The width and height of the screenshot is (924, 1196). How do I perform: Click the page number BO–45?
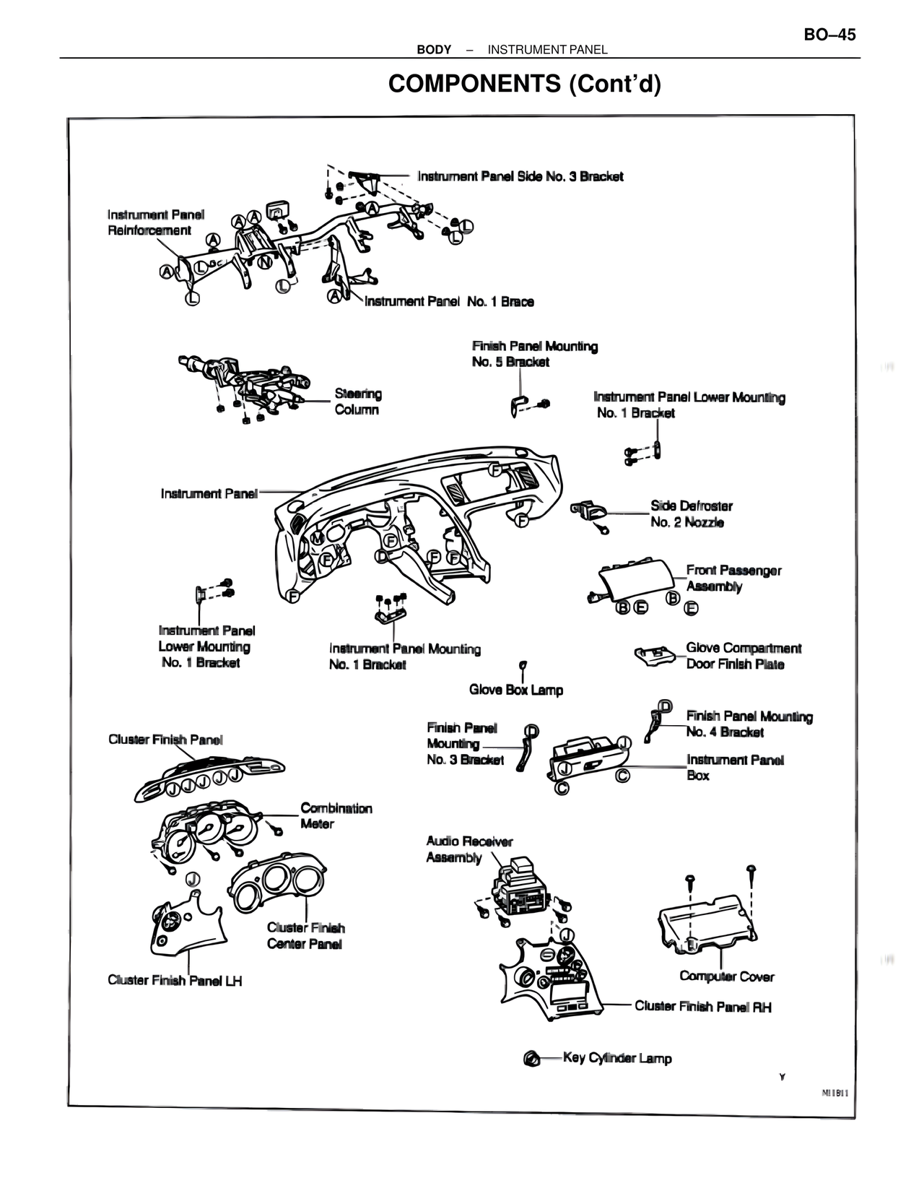click(829, 35)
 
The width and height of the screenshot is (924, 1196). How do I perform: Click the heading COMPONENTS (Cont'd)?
click(524, 84)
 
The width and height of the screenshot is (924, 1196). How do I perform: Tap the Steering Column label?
click(357, 402)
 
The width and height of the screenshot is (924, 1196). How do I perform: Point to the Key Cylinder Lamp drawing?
click(532, 1059)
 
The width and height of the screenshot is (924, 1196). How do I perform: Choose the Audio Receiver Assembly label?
click(468, 849)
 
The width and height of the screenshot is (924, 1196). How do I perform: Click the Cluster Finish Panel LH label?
click(175, 980)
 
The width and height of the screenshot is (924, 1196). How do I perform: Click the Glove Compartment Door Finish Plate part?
click(653, 655)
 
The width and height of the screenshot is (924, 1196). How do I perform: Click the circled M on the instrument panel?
click(317, 539)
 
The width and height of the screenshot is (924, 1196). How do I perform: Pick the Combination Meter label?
click(336, 815)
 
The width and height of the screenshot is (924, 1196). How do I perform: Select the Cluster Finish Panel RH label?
click(702, 1006)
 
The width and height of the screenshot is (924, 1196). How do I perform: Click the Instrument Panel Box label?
click(734, 767)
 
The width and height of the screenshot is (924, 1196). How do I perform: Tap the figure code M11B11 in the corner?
click(834, 1093)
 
